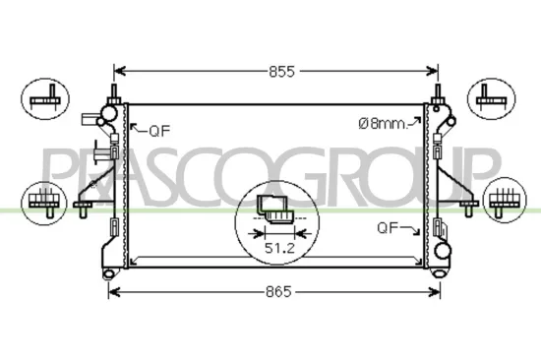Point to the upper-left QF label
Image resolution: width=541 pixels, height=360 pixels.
click(158, 129)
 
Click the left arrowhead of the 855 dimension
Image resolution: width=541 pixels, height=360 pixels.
click(120, 71)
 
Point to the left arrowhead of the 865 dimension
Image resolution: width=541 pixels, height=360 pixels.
click(112, 292)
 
